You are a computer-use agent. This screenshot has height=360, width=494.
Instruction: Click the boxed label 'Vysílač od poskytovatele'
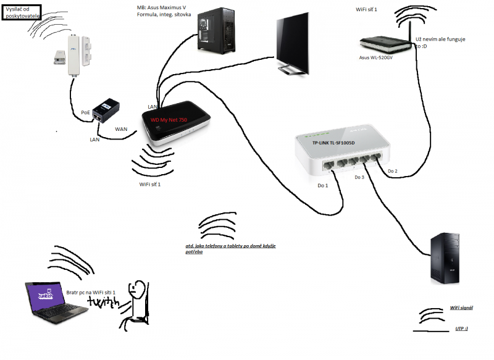[x=22, y=12]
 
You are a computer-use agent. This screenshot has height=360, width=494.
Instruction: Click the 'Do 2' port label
[x=392, y=170]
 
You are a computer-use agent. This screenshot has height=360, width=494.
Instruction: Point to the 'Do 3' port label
[x=359, y=177]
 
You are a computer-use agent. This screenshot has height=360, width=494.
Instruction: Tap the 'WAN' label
[x=122, y=129]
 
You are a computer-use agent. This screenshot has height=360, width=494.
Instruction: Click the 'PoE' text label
[x=86, y=113]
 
